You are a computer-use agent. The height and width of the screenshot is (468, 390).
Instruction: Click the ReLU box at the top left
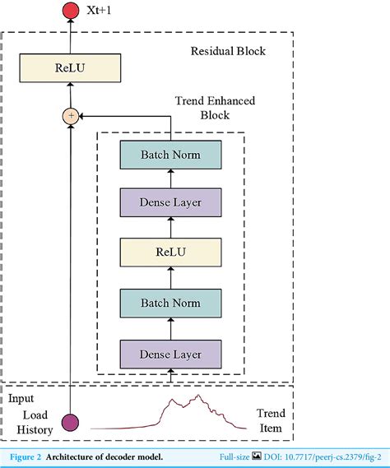[x=71, y=67]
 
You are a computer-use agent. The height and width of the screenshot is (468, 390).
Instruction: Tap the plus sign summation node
[x=71, y=116]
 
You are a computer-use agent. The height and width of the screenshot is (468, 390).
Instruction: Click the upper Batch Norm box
[x=170, y=155]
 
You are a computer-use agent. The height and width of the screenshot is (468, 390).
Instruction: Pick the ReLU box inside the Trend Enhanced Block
[x=170, y=253]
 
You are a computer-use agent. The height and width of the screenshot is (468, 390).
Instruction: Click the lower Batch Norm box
[x=170, y=304]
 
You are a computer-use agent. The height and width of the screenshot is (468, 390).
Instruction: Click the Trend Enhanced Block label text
[x=215, y=108]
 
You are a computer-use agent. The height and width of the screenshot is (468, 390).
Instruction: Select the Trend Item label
[x=272, y=421]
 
